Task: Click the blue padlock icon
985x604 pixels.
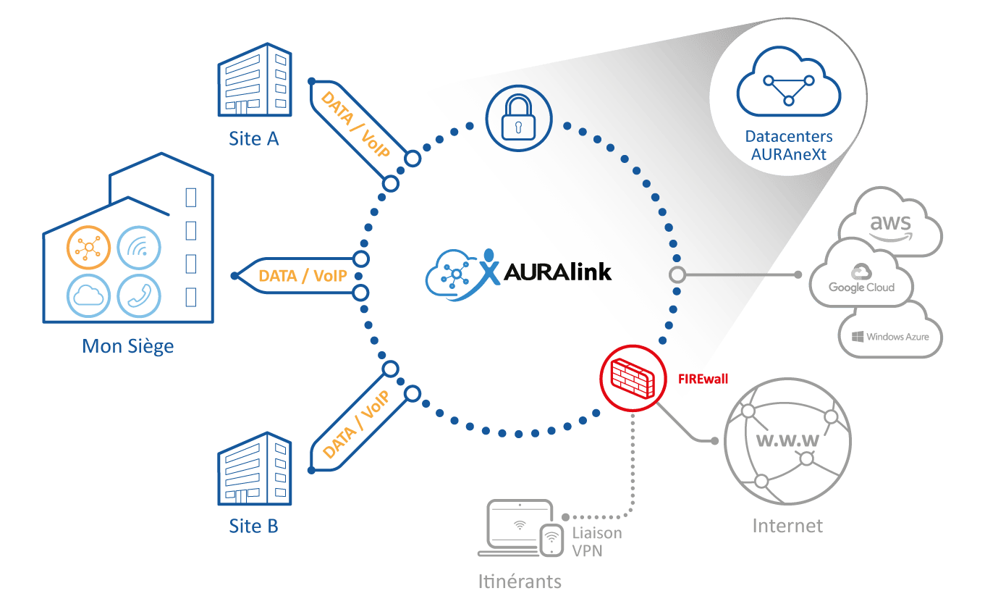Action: (x=518, y=118)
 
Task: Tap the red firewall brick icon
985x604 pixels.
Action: (x=633, y=378)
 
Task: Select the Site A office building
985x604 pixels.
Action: (x=255, y=80)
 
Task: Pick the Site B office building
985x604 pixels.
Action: (x=255, y=469)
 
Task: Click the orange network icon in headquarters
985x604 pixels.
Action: (x=88, y=248)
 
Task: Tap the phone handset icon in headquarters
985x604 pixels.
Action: (x=139, y=295)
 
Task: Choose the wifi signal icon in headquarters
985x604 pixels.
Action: (x=139, y=248)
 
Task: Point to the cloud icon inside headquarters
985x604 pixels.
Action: (x=88, y=295)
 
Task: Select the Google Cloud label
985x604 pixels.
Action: (x=861, y=288)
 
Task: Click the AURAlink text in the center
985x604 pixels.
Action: (x=557, y=272)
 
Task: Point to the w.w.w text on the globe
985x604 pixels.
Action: (x=787, y=440)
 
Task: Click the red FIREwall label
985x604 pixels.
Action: (x=703, y=379)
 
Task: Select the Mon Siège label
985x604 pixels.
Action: (x=128, y=346)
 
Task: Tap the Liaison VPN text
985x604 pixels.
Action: (x=596, y=542)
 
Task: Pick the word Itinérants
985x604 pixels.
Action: (x=520, y=582)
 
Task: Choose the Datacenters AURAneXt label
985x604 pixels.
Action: (x=788, y=146)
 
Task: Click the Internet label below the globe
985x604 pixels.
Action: (x=787, y=526)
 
